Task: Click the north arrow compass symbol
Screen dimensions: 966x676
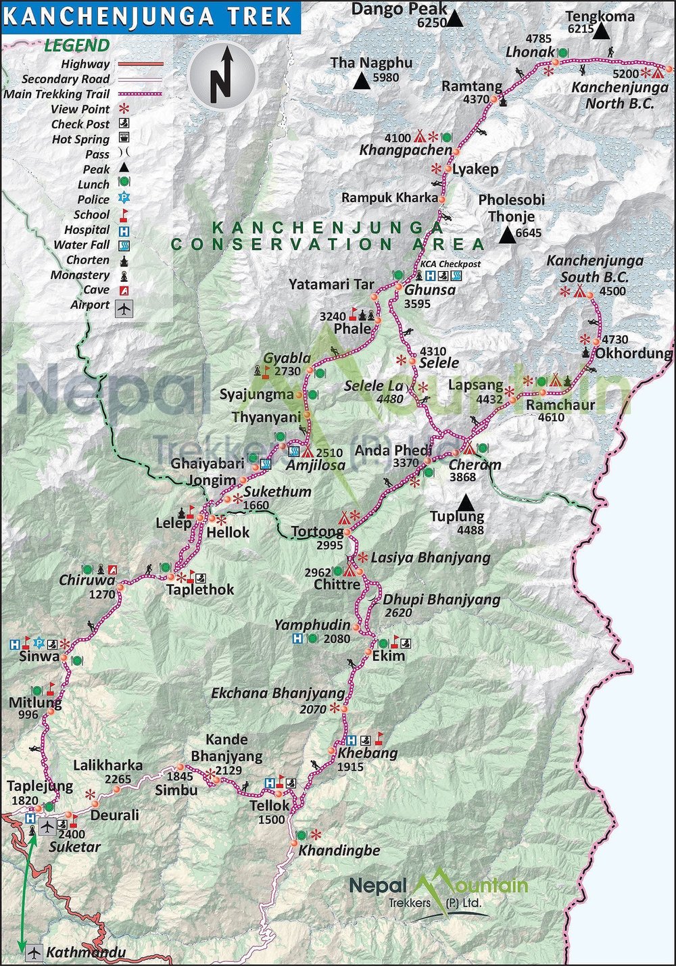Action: [222, 74]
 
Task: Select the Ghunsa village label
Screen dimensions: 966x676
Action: [429, 289]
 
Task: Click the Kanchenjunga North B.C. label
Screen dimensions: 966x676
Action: [619, 95]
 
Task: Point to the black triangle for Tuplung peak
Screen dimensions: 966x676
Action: [465, 503]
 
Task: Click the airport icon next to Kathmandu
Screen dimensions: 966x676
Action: [34, 952]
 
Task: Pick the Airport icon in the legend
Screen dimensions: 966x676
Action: [124, 308]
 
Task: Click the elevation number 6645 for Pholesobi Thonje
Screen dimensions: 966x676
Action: [529, 233]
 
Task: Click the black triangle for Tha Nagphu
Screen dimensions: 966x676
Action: [362, 82]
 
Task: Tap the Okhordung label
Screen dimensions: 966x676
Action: [633, 353]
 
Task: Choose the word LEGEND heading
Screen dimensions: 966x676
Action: [76, 46]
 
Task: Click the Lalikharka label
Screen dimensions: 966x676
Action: [107, 765]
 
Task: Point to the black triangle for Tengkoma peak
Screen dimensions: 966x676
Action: [601, 31]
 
